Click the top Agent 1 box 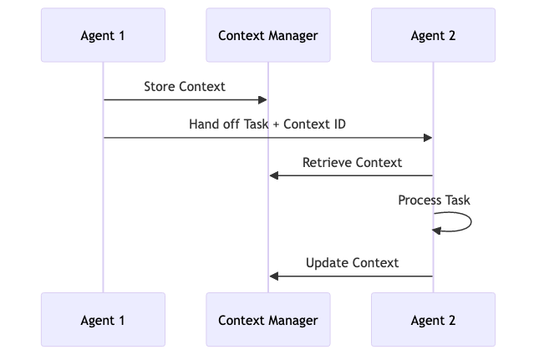(104, 35)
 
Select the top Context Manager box (268, 35)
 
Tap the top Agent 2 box (433, 35)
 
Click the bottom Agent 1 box (104, 320)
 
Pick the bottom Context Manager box (268, 320)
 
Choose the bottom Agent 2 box (433, 320)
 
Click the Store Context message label (185, 86)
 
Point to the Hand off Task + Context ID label (267, 124)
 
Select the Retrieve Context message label (352, 162)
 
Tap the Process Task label (434, 200)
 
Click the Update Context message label (352, 263)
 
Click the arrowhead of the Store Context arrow (262, 100)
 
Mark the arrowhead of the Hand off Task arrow (427, 138)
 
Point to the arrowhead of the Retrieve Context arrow (274, 175)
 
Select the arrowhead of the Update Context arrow (274, 276)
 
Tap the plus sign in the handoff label (276, 124)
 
